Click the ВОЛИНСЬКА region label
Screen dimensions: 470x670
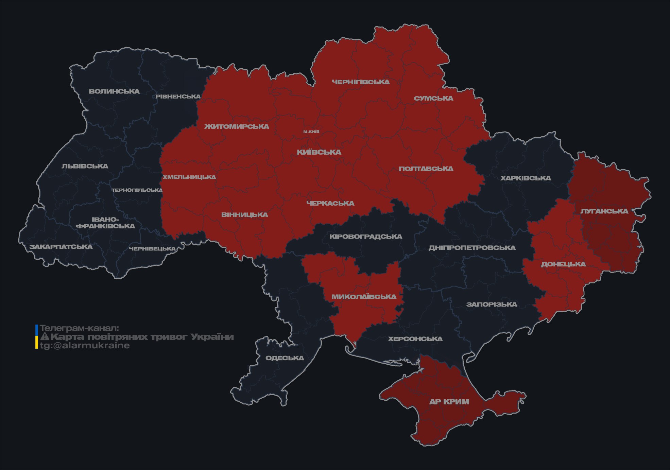pos(114,91)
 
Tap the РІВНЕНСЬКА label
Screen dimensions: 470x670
pos(178,97)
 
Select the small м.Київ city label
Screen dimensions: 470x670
pos(311,132)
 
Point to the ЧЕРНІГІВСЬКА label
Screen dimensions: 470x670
pos(361,82)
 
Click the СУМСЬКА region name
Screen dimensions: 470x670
pos(433,98)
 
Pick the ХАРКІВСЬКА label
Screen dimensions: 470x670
pos(526,178)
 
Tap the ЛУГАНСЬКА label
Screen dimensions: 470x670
pos(604,211)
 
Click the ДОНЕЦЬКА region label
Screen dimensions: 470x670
pos(563,264)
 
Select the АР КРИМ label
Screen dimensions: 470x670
pos(449,402)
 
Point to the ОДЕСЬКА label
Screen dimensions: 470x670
pos(285,358)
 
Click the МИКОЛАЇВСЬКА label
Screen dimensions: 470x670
pos(364,297)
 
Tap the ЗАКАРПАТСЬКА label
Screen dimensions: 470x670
pos(61,247)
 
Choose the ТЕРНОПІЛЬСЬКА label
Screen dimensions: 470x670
pos(137,190)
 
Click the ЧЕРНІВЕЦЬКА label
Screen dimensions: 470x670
pos(152,249)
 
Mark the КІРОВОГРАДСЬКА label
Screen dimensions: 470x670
pos(365,237)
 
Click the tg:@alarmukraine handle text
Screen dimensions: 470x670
pos(85,346)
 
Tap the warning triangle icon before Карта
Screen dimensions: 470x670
pos(45,337)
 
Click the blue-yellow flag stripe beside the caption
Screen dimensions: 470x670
pos(37,337)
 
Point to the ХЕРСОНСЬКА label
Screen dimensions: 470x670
pos(415,339)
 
